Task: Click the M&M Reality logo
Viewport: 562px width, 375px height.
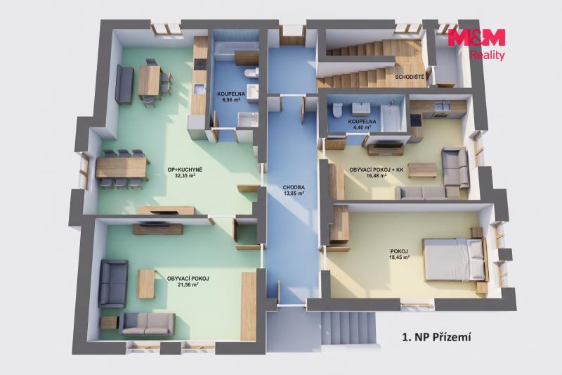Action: (x=476, y=44)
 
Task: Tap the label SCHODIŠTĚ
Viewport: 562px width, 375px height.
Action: (x=410, y=77)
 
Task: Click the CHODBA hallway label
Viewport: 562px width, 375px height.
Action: (x=294, y=187)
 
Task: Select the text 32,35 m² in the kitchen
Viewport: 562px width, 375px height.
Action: (x=185, y=176)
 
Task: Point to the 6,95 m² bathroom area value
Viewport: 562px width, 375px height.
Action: (x=231, y=100)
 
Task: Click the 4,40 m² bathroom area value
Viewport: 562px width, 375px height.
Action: (x=362, y=127)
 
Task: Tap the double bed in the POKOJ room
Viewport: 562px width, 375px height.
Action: (x=455, y=259)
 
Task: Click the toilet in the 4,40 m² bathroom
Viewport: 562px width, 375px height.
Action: (x=338, y=110)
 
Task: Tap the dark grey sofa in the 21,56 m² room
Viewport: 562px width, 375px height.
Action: (x=113, y=284)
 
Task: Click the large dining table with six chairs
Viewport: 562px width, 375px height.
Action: (x=121, y=169)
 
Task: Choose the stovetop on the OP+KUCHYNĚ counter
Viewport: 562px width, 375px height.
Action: (x=200, y=65)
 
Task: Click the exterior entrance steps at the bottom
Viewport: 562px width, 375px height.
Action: (x=348, y=329)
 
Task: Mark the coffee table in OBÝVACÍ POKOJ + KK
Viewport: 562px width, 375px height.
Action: (x=423, y=170)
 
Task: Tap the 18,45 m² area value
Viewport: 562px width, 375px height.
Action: (x=399, y=257)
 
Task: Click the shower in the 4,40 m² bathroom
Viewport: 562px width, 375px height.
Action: (x=392, y=116)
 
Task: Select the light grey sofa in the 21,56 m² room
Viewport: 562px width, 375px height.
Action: (x=147, y=324)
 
